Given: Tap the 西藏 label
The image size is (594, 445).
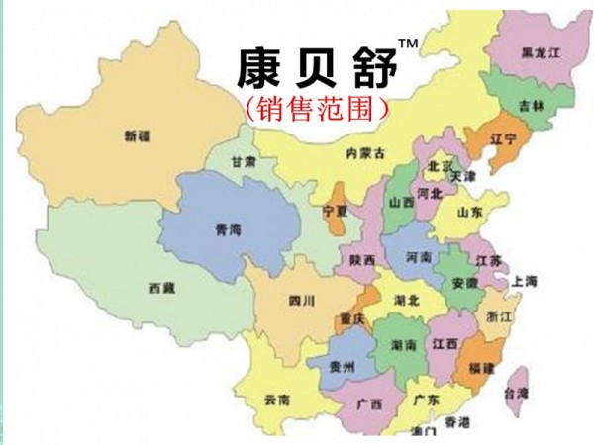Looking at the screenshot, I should click(x=162, y=288).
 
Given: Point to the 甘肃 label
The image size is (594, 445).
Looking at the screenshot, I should click(x=244, y=161).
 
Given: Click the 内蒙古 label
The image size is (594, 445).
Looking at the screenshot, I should click(x=364, y=153).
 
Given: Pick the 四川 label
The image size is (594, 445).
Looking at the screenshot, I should click(x=301, y=300).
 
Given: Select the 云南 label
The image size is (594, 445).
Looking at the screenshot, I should click(x=277, y=400).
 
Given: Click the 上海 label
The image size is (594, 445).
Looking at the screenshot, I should click(x=525, y=282).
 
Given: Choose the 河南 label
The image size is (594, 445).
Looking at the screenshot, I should click(x=419, y=257).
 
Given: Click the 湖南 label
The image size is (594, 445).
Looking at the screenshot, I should click(x=403, y=345).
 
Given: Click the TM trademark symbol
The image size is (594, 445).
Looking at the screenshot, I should click(x=407, y=44).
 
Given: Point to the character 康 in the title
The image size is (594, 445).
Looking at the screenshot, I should click(x=258, y=66).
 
